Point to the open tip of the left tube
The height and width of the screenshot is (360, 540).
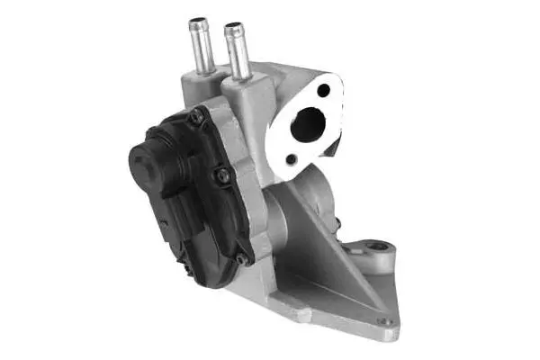click(198, 22)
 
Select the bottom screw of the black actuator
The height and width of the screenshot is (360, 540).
click(240, 259)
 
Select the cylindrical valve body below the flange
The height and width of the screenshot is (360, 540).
click(310, 198)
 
